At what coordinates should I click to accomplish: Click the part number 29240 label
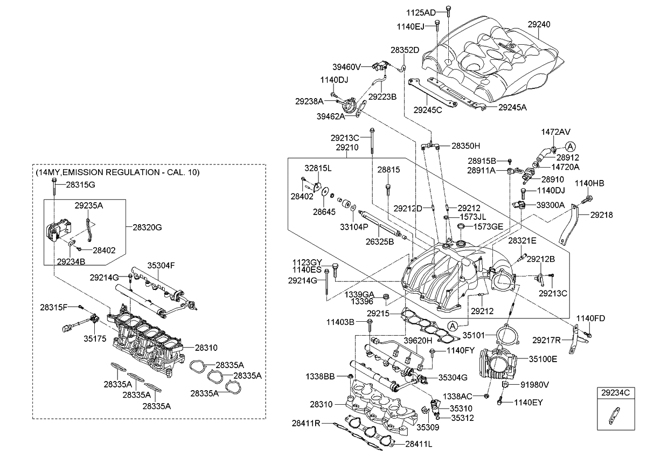point(539,24)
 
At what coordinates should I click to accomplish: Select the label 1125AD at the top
point(421,11)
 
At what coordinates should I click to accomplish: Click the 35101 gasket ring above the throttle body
point(505,335)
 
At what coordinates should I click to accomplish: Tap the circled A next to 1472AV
point(571,146)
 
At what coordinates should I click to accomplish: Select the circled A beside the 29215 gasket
point(453,325)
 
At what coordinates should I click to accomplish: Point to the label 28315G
point(80,184)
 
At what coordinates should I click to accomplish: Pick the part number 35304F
point(162,265)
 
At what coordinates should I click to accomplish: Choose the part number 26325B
point(380,241)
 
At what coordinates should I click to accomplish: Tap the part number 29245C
point(428,109)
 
